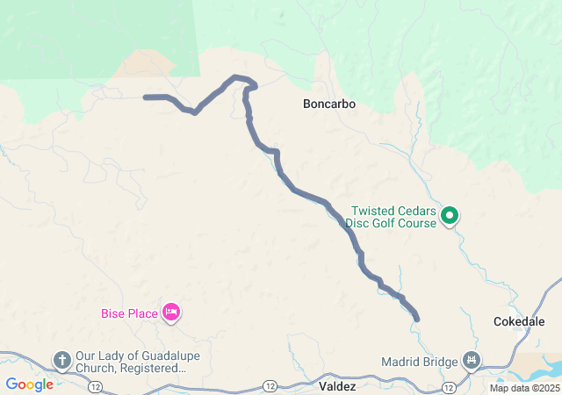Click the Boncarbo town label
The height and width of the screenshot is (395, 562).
pos(328,104)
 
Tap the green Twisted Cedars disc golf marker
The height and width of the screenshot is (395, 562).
pos(450,214)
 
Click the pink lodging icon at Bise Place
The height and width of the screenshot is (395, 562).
pos(171,312)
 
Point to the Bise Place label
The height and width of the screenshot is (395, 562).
pos(129,312)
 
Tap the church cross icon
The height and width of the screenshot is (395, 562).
pos(62,359)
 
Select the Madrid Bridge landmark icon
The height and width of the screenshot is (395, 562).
pos(472,360)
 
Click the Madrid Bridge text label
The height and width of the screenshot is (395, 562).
pos(420,362)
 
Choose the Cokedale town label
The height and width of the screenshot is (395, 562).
pos(520,321)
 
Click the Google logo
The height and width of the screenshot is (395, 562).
pos(29,384)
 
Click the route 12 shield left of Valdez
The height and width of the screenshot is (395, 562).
pos(269,386)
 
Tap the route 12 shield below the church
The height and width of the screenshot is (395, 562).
pos(94,387)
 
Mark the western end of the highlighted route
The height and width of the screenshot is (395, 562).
pos(146,97)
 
